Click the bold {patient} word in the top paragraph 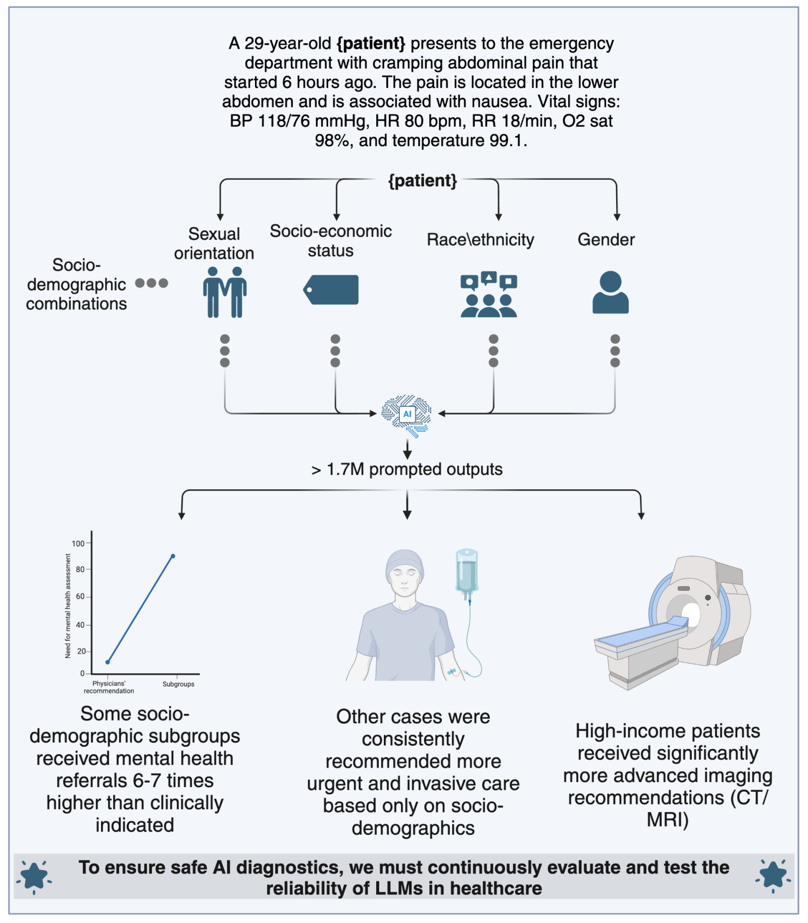click(x=371, y=43)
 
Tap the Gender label click(x=605, y=239)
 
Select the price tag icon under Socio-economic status click(x=331, y=290)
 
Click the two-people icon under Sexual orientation click(x=225, y=292)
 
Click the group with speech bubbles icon click(x=488, y=294)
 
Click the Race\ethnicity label click(x=480, y=239)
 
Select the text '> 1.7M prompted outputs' click(x=407, y=469)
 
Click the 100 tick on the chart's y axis click(x=78, y=543)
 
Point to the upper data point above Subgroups click(x=173, y=556)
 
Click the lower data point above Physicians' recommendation click(x=108, y=661)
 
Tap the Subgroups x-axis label click(x=178, y=684)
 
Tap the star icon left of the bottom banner click(x=34, y=876)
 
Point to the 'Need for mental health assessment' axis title click(x=68, y=605)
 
